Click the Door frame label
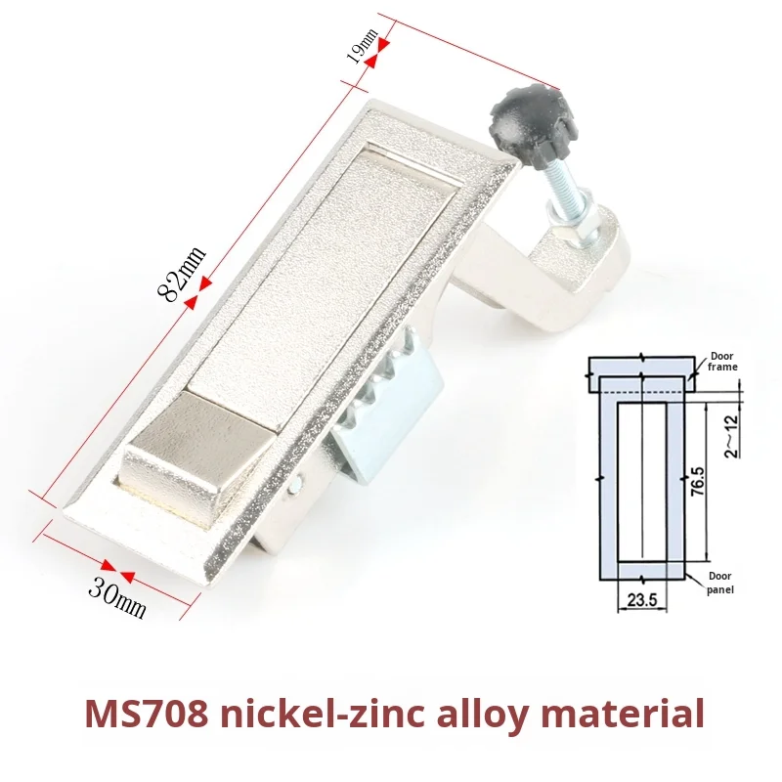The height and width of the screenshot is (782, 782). click(x=723, y=362)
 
